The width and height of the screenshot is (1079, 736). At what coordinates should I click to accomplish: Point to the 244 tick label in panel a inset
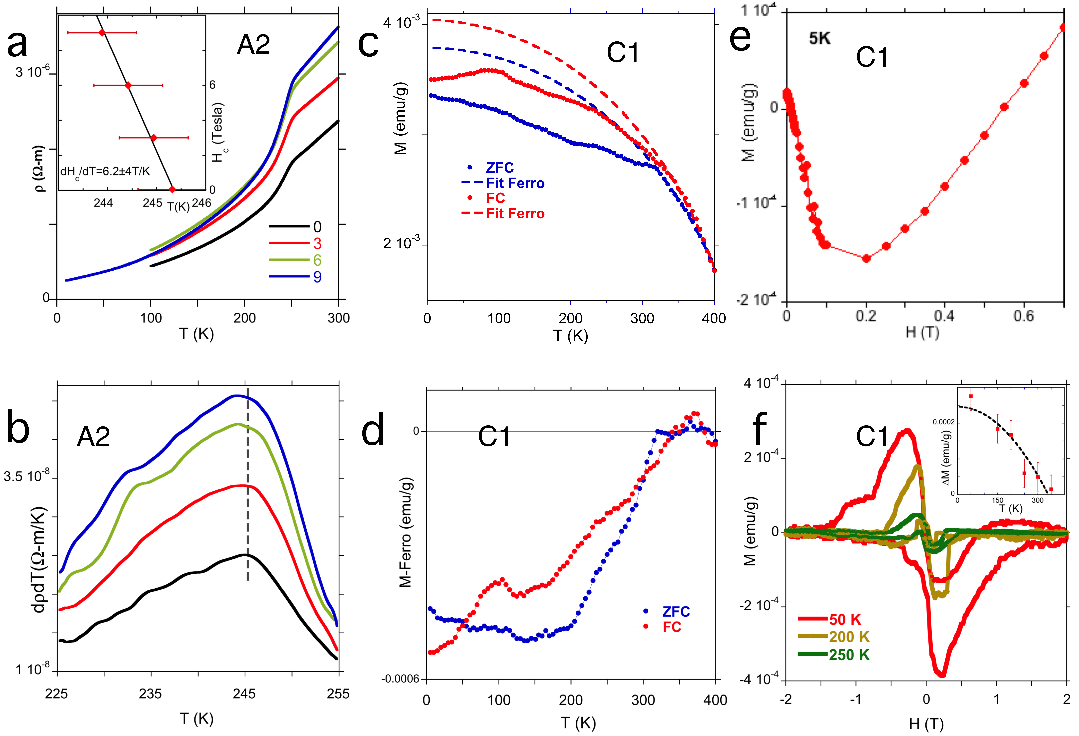point(103,203)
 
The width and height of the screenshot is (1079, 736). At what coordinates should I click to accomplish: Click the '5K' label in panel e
point(819,39)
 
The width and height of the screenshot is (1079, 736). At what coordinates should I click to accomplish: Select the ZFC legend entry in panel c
point(499,168)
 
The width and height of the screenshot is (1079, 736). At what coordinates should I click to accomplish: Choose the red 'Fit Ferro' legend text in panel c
point(515,214)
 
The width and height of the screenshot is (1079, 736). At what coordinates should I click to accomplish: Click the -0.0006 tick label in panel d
point(400,679)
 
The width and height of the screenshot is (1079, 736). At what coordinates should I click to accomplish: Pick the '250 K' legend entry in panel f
point(849,655)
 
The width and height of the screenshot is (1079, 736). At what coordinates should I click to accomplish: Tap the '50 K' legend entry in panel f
point(845,619)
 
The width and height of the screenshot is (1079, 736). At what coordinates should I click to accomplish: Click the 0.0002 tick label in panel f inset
point(943,422)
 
